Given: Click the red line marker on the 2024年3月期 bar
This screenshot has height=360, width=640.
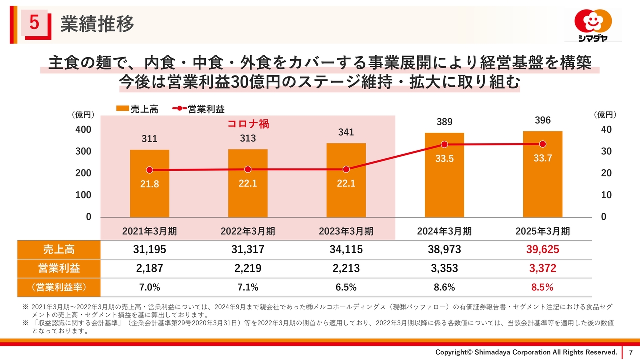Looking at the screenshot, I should click(x=444, y=145).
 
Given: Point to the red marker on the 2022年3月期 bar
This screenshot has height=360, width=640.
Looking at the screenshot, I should click(x=248, y=170).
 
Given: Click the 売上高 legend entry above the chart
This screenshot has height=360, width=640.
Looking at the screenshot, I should click(x=137, y=110).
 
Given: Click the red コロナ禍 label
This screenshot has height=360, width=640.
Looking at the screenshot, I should click(x=248, y=124).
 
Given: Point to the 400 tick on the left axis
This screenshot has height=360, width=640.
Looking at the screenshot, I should click(x=83, y=130).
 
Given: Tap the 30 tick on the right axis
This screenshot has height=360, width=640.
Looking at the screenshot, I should click(x=606, y=151).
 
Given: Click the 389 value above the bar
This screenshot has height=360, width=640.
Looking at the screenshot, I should click(x=444, y=122).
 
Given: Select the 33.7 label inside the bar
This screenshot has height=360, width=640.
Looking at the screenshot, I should click(x=543, y=158).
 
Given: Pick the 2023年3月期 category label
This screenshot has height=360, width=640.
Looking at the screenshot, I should click(x=346, y=231).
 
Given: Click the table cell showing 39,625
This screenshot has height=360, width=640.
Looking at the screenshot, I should click(x=543, y=250).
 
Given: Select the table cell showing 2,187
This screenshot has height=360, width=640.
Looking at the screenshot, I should click(x=149, y=269).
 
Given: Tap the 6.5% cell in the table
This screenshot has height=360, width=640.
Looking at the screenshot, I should click(x=346, y=288).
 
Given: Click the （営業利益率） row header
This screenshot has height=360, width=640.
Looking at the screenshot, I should click(x=59, y=288).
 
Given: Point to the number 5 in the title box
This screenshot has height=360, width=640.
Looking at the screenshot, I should click(x=34, y=23).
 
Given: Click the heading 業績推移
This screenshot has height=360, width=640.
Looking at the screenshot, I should click(x=97, y=24).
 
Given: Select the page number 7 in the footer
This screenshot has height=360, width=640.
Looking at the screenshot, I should click(x=630, y=352).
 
